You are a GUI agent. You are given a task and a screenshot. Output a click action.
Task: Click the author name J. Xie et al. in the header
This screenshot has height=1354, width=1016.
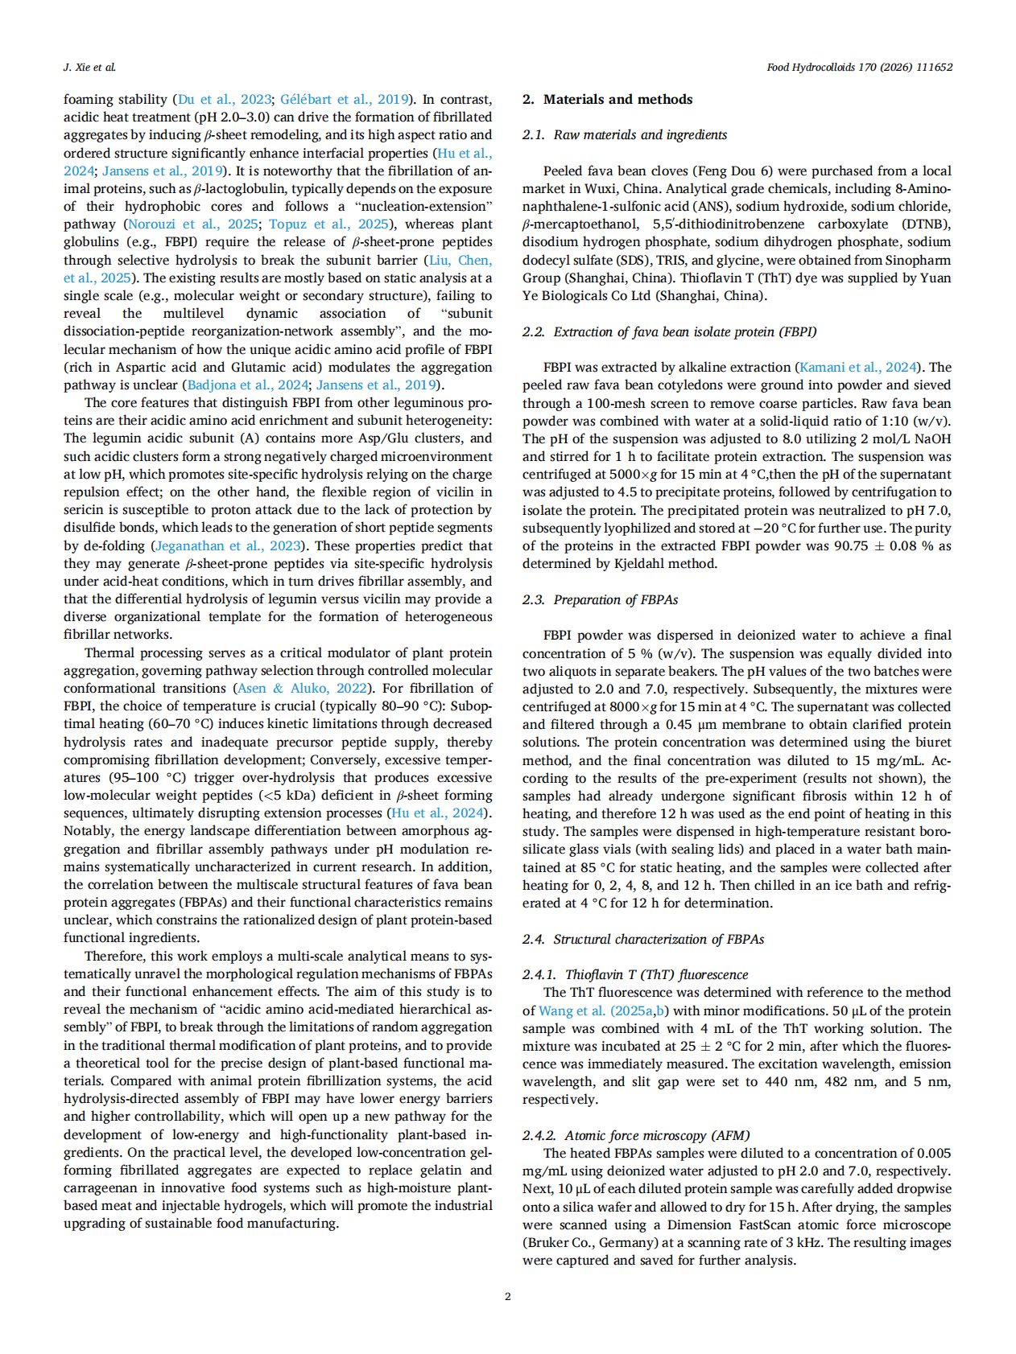tap(89, 68)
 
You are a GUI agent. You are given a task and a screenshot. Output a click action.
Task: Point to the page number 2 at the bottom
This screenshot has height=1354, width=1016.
tap(507, 1296)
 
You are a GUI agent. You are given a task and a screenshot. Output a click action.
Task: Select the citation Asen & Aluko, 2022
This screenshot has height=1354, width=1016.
tap(302, 689)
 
